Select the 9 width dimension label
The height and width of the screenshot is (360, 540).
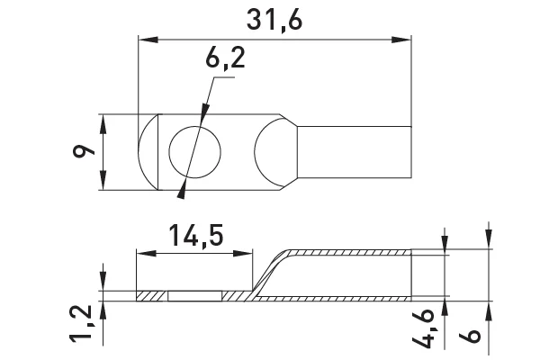(86, 153)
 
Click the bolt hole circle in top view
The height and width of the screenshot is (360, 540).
(194, 153)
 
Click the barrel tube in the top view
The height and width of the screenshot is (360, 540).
(355, 152)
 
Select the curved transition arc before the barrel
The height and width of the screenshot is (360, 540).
(274, 152)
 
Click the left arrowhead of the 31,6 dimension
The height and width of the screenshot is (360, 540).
(146, 38)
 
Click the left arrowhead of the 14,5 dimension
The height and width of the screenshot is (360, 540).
(140, 255)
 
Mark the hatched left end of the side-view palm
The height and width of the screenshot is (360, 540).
(151, 294)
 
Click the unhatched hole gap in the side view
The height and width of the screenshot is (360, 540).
(195, 294)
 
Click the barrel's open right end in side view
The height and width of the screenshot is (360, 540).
(412, 274)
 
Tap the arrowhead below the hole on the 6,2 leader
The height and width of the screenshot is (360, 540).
(184, 189)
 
